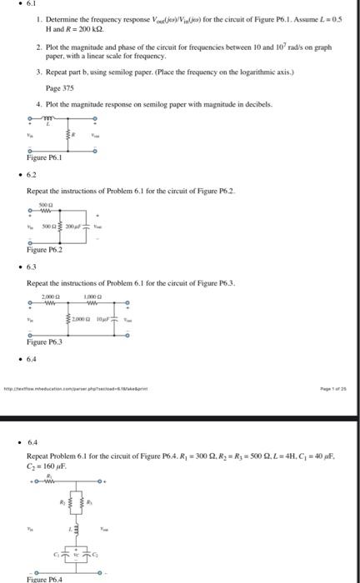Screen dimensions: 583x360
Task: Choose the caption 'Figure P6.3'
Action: [45, 341]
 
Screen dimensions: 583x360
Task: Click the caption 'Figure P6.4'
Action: [46, 578]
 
